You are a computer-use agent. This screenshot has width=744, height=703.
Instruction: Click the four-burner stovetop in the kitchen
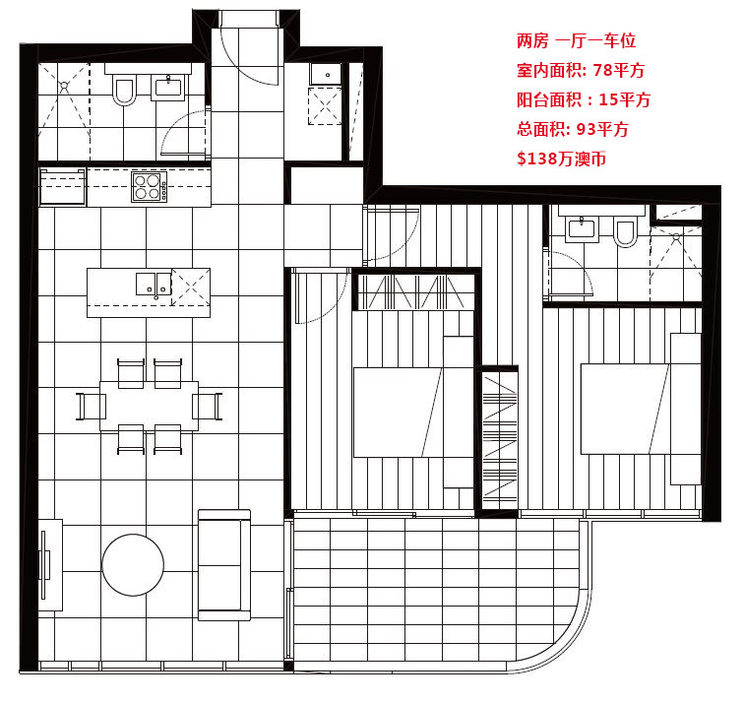(150, 187)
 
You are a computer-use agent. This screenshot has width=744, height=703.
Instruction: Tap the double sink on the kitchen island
(154, 284)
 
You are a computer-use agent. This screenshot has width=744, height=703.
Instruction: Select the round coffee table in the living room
(133, 565)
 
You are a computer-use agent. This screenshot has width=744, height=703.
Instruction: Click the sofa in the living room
(224, 565)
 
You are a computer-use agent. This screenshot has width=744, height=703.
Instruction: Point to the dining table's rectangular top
(149, 406)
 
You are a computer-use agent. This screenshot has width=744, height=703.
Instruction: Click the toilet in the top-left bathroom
(124, 91)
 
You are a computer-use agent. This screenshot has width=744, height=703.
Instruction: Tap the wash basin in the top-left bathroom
(168, 89)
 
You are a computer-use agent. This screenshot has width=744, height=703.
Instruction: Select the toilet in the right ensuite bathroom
(625, 232)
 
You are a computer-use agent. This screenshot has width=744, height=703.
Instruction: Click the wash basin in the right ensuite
(582, 228)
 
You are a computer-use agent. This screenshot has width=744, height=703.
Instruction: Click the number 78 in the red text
(602, 70)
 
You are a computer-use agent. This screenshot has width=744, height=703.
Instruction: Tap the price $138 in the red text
(537, 159)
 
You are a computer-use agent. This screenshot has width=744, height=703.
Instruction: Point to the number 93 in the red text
(586, 129)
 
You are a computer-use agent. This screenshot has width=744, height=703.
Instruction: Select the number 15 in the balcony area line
(608, 99)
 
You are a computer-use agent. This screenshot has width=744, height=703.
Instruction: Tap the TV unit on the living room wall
(50, 565)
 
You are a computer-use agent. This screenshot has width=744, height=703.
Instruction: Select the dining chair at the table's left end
(92, 407)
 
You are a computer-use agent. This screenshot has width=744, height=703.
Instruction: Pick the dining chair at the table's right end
(207, 407)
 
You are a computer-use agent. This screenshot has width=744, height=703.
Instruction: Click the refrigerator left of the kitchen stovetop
(63, 186)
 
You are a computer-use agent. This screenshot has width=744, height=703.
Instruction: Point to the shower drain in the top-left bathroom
(64, 86)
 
